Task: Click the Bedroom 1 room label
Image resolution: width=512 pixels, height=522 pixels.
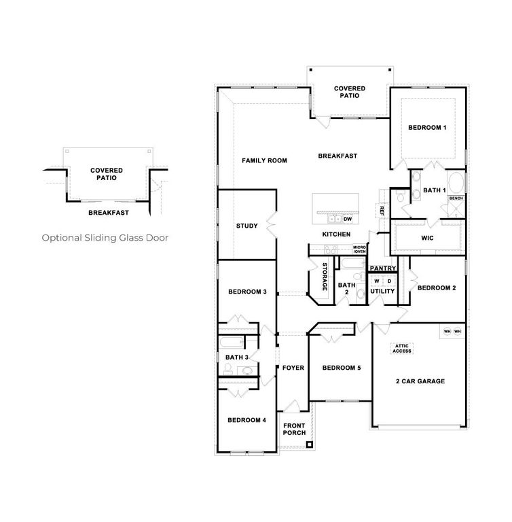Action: [x=426, y=128]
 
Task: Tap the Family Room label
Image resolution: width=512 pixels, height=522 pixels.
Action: [x=264, y=161]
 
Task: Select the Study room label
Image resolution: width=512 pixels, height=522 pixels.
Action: [x=246, y=226]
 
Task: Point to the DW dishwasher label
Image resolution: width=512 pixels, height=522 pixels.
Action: [x=347, y=220]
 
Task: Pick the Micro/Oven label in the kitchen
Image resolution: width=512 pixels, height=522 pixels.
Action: [x=359, y=249]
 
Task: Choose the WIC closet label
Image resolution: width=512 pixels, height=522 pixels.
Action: [x=427, y=239]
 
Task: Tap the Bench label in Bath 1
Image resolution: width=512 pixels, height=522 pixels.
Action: [x=455, y=198]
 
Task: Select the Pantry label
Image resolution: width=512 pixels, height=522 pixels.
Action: [x=383, y=268]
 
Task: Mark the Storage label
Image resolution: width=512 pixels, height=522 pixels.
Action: [x=325, y=277]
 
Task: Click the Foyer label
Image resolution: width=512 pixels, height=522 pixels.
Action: [x=293, y=368]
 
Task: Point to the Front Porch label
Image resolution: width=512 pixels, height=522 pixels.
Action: [x=294, y=429]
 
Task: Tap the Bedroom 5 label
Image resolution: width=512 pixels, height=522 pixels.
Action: [x=341, y=368]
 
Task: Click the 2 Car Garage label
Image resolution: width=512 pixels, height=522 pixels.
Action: [x=421, y=381]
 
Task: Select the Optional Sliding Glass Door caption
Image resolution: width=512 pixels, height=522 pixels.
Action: [x=105, y=238]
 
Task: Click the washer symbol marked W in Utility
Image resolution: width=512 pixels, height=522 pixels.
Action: [x=376, y=281]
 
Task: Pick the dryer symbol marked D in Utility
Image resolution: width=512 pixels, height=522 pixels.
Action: [x=389, y=281]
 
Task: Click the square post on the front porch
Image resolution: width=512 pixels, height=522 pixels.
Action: [x=310, y=446]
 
